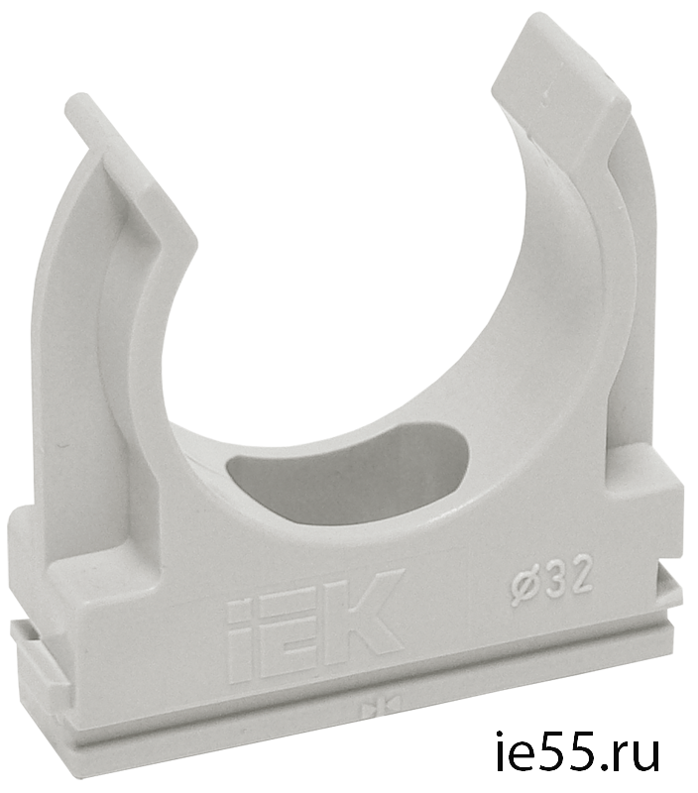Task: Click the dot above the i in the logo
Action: (239, 607)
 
